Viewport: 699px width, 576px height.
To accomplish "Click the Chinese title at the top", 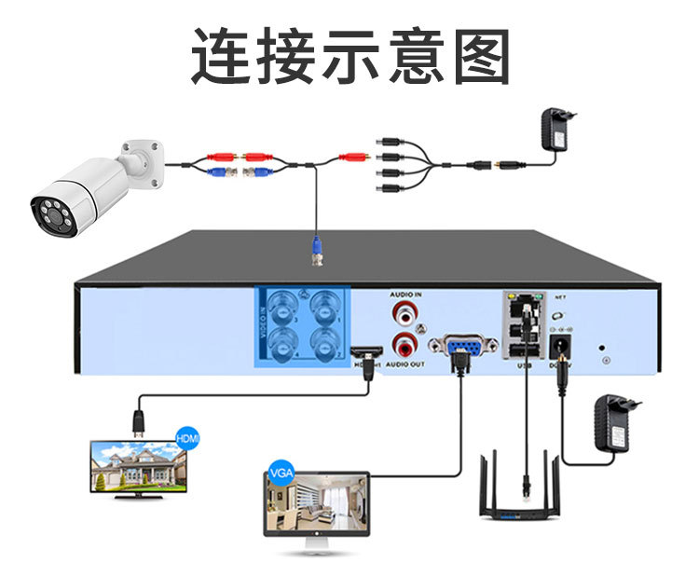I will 350,58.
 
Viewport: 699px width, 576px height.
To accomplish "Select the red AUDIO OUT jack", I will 404,344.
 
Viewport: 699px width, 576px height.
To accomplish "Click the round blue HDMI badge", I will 187,437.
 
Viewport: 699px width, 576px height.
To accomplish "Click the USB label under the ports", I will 523,365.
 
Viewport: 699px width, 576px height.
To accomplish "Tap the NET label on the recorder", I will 560,297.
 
